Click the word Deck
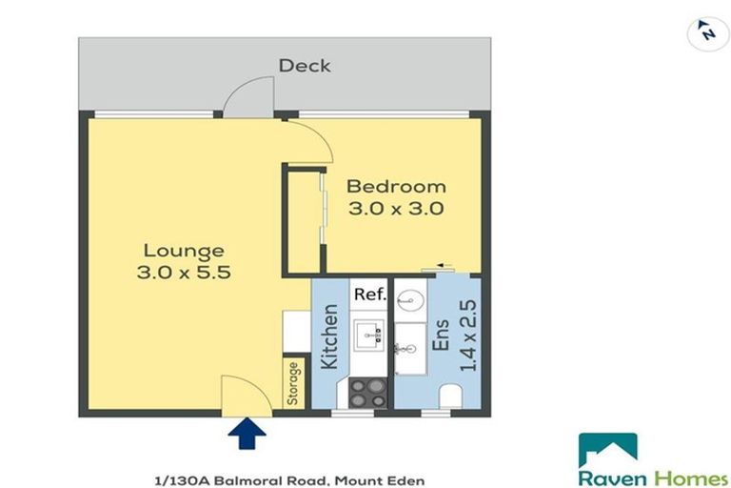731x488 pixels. [305, 66]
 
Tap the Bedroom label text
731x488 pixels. [395, 186]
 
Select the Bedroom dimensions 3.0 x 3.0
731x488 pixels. [395, 209]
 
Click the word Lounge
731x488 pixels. [184, 251]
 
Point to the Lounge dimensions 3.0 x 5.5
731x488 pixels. [184, 273]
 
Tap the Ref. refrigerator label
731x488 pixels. [369, 295]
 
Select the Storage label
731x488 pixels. [293, 383]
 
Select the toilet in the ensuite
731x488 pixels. [452, 396]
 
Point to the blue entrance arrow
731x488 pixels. [246, 435]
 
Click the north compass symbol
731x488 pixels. [706, 31]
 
